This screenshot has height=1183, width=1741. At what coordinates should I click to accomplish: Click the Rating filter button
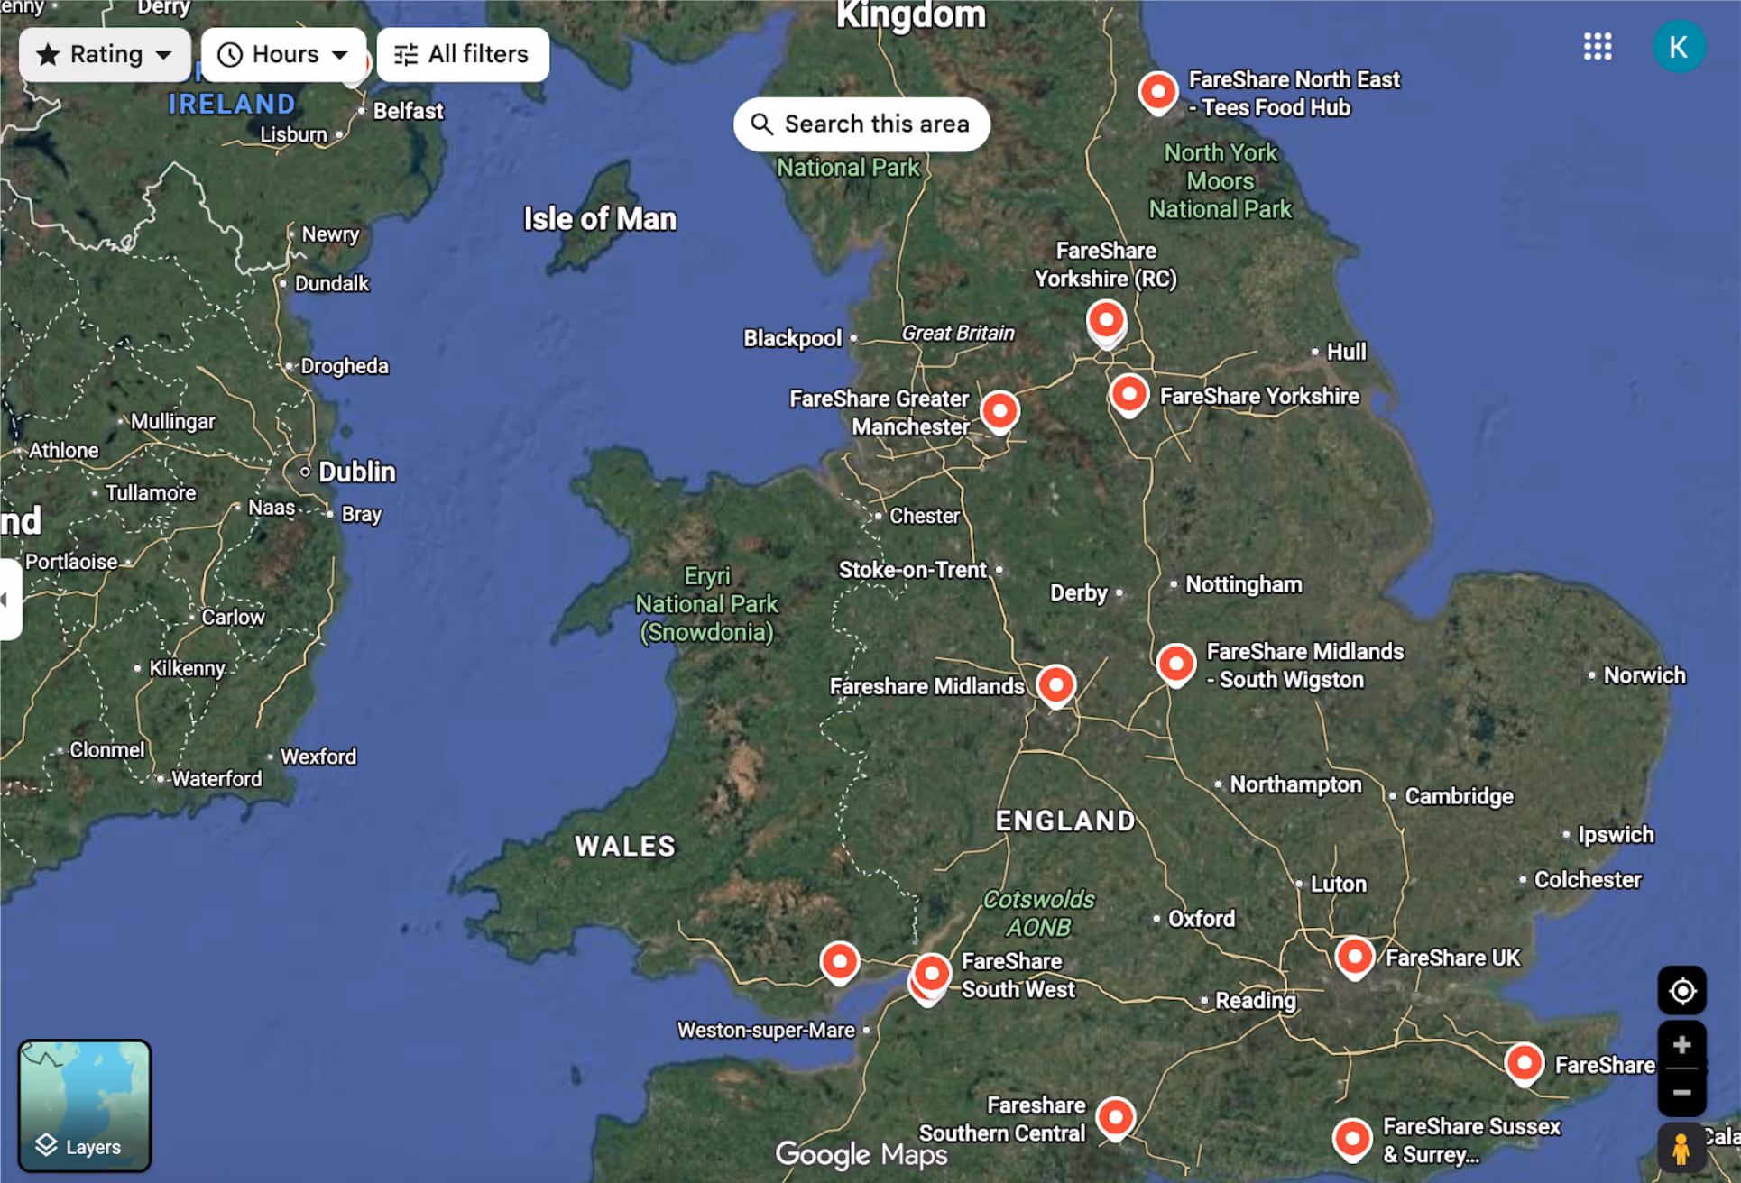[104, 55]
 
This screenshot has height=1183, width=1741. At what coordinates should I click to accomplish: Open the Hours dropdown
[282, 55]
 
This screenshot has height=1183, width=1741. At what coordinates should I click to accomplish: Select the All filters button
[462, 55]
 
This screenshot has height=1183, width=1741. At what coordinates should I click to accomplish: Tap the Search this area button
[861, 124]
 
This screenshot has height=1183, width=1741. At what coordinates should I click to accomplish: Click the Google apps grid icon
[1597, 47]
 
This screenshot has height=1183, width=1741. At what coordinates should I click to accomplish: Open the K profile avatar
[1678, 47]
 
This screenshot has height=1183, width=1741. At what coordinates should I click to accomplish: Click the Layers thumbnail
[85, 1105]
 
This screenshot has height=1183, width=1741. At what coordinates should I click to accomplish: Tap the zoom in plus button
[1681, 1046]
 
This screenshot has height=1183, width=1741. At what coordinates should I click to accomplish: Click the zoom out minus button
[1681, 1093]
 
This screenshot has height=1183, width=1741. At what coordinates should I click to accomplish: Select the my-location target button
[1681, 991]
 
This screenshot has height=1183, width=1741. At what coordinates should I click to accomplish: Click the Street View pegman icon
[1680, 1149]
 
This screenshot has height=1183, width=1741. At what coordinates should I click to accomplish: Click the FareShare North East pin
[1157, 91]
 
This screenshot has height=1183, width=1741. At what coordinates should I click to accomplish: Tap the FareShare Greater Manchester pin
[999, 411]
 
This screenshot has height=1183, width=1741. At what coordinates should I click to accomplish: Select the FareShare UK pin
[1354, 957]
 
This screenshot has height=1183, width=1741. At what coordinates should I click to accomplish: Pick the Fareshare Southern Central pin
[1116, 1118]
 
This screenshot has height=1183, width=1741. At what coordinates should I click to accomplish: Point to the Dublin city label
[356, 472]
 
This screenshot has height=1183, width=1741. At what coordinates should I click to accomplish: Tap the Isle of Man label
[600, 219]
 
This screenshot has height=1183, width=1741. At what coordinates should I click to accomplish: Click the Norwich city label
[1644, 675]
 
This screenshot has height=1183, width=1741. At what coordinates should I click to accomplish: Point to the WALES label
[625, 846]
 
